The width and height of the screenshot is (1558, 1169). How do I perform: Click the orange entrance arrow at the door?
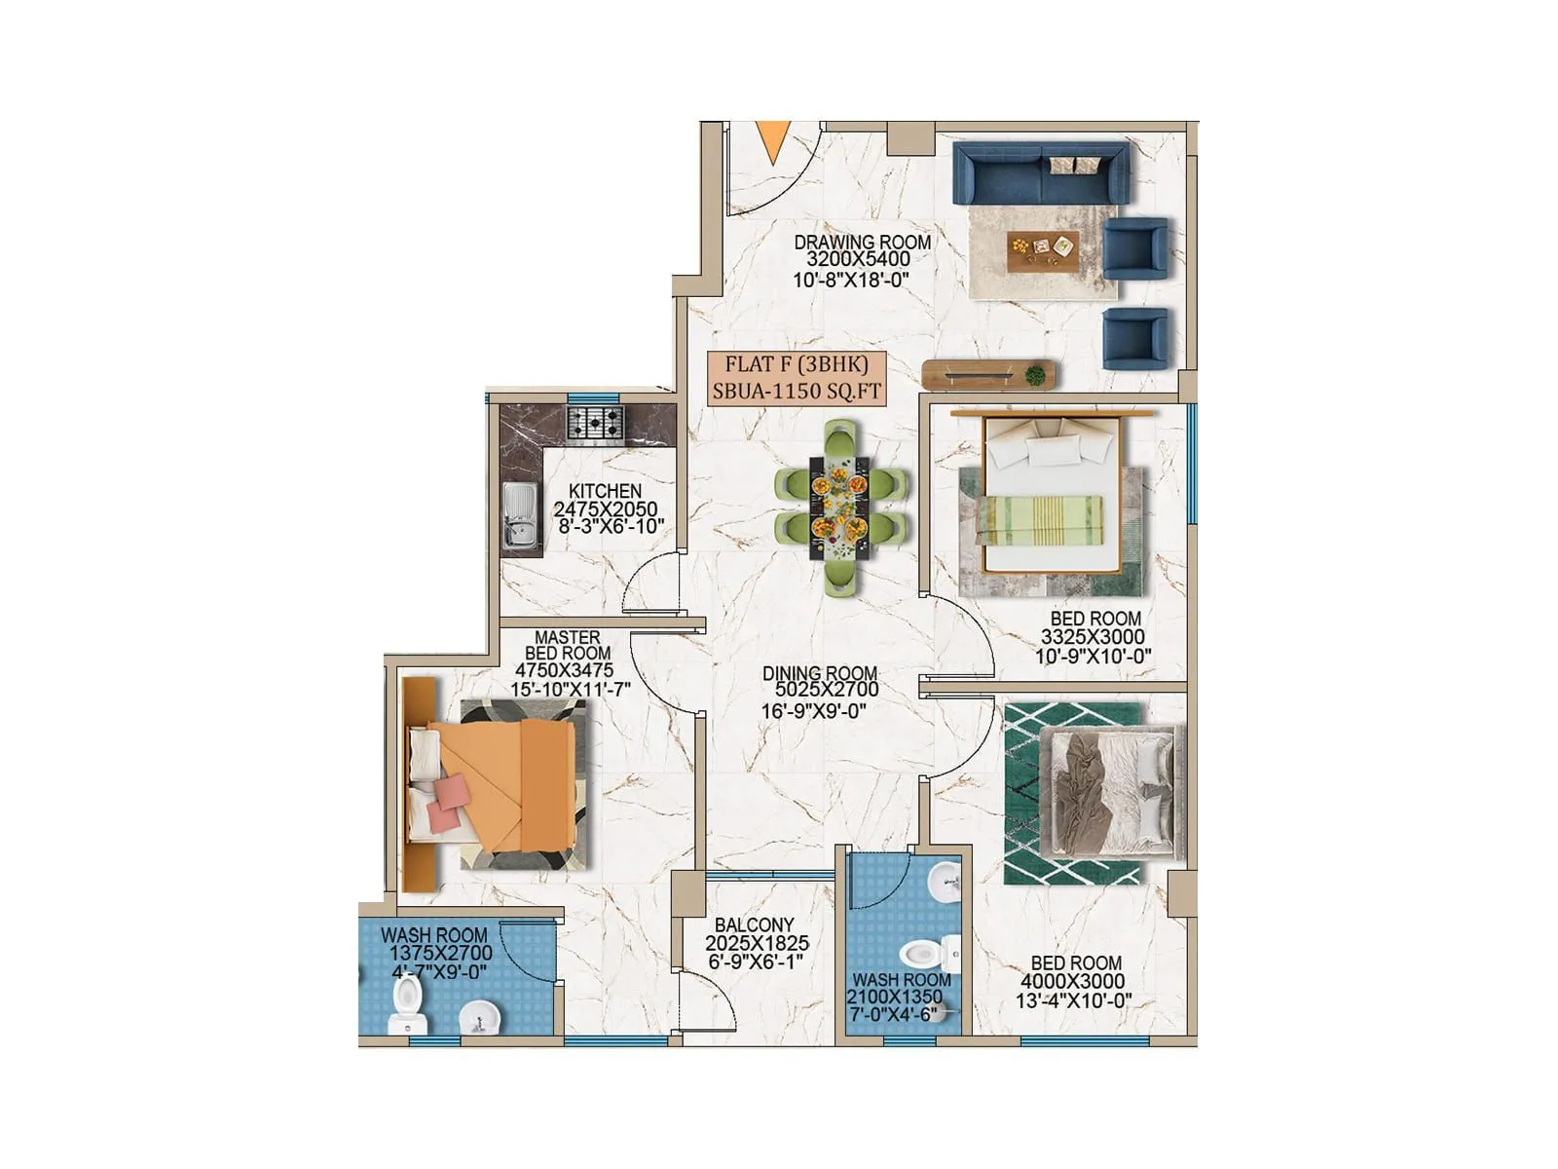coord(773,141)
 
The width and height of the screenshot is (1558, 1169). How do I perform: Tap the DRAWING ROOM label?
coord(862,242)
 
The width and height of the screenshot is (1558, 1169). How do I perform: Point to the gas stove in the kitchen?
coord(595,424)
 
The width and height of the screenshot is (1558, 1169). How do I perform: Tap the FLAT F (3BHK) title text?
coord(796,365)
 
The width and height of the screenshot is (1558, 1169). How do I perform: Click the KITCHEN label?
coord(605,491)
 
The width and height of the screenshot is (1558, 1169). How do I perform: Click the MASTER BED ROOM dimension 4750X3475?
coord(564,671)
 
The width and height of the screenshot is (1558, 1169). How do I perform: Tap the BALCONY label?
coord(754,924)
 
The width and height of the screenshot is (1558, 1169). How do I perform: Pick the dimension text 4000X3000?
coord(1072,982)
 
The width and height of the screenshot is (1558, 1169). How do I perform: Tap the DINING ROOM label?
coord(819,673)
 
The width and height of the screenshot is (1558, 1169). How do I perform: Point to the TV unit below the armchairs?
coord(989,374)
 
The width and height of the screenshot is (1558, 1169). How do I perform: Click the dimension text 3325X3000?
coord(1093,637)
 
